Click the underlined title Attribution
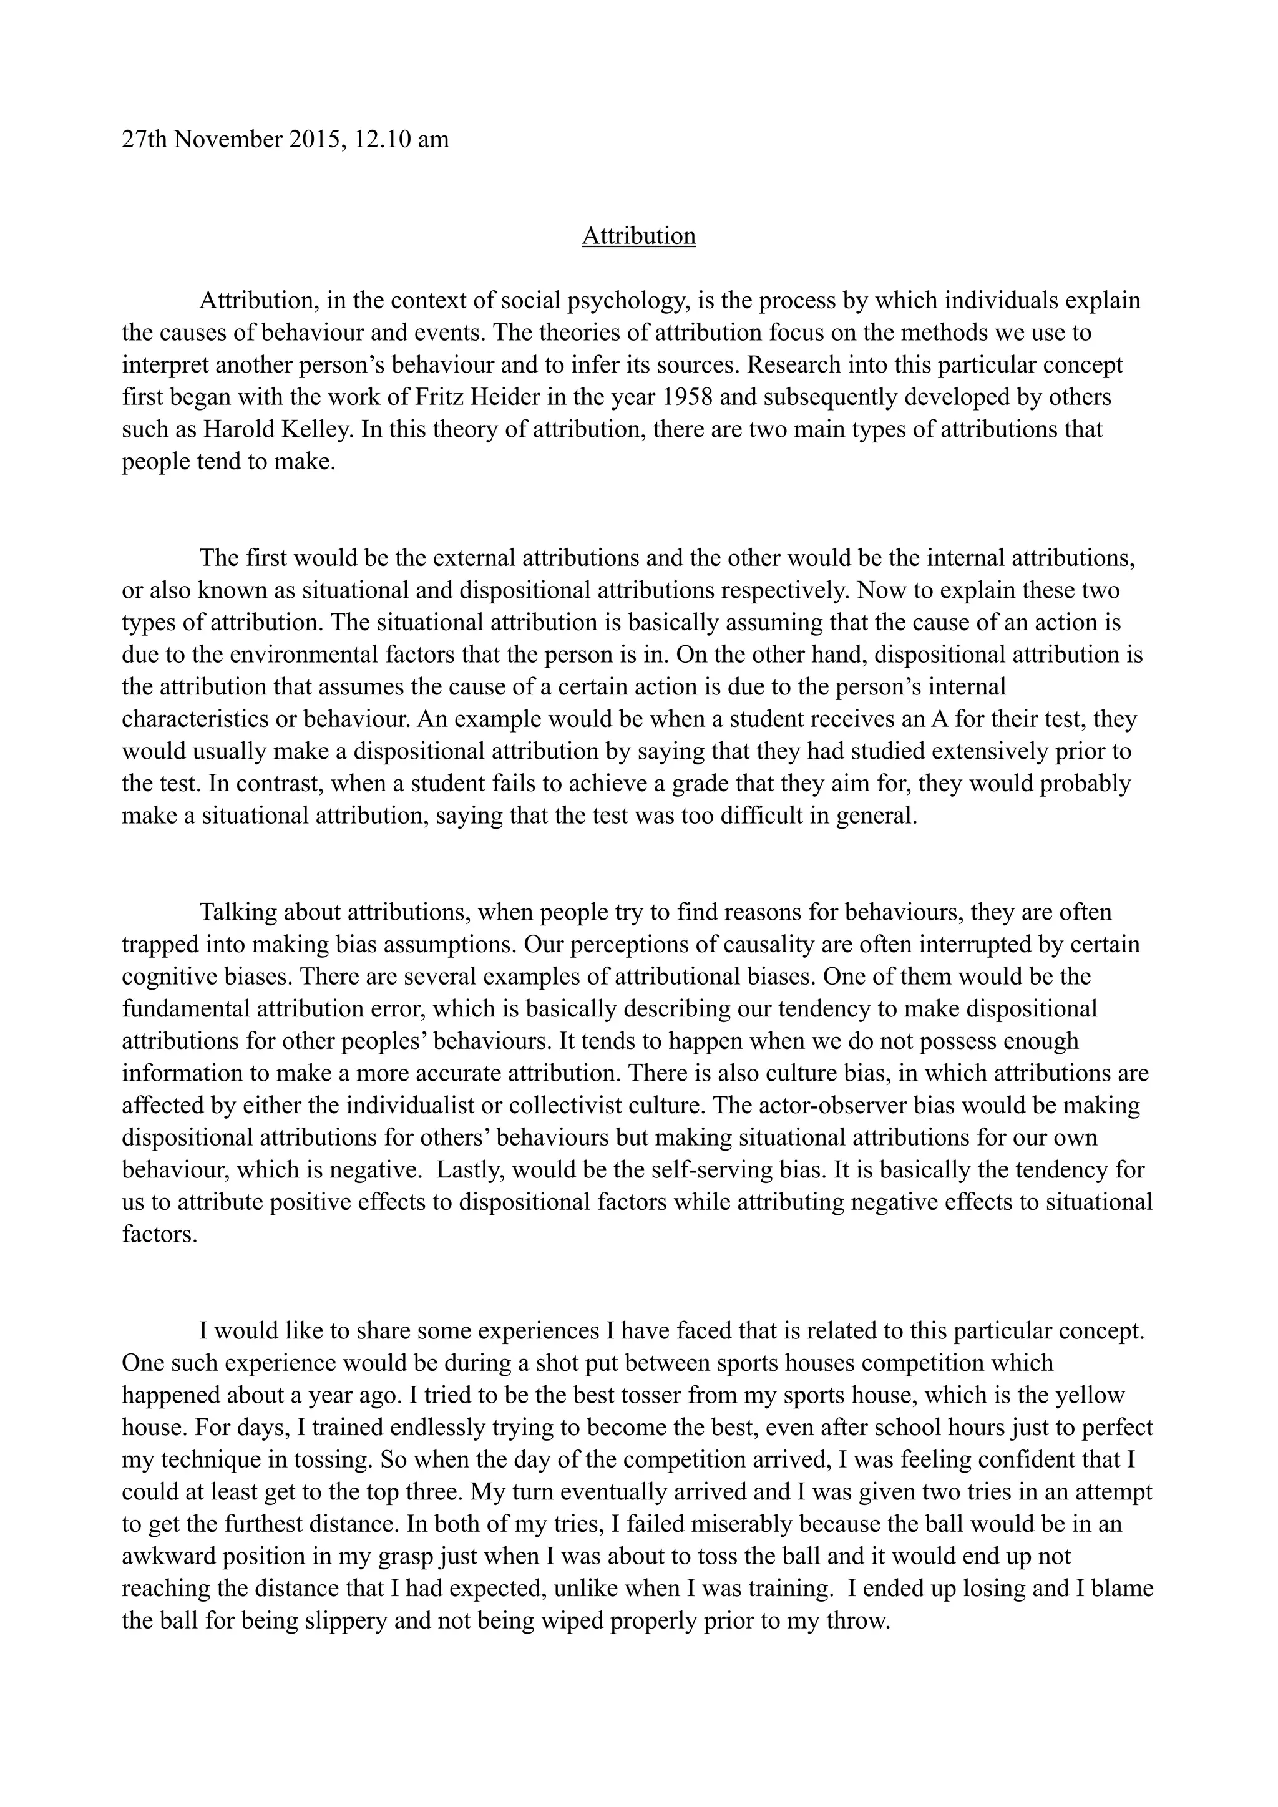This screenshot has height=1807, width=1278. (x=638, y=236)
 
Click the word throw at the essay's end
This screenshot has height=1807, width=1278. (x=854, y=1621)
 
